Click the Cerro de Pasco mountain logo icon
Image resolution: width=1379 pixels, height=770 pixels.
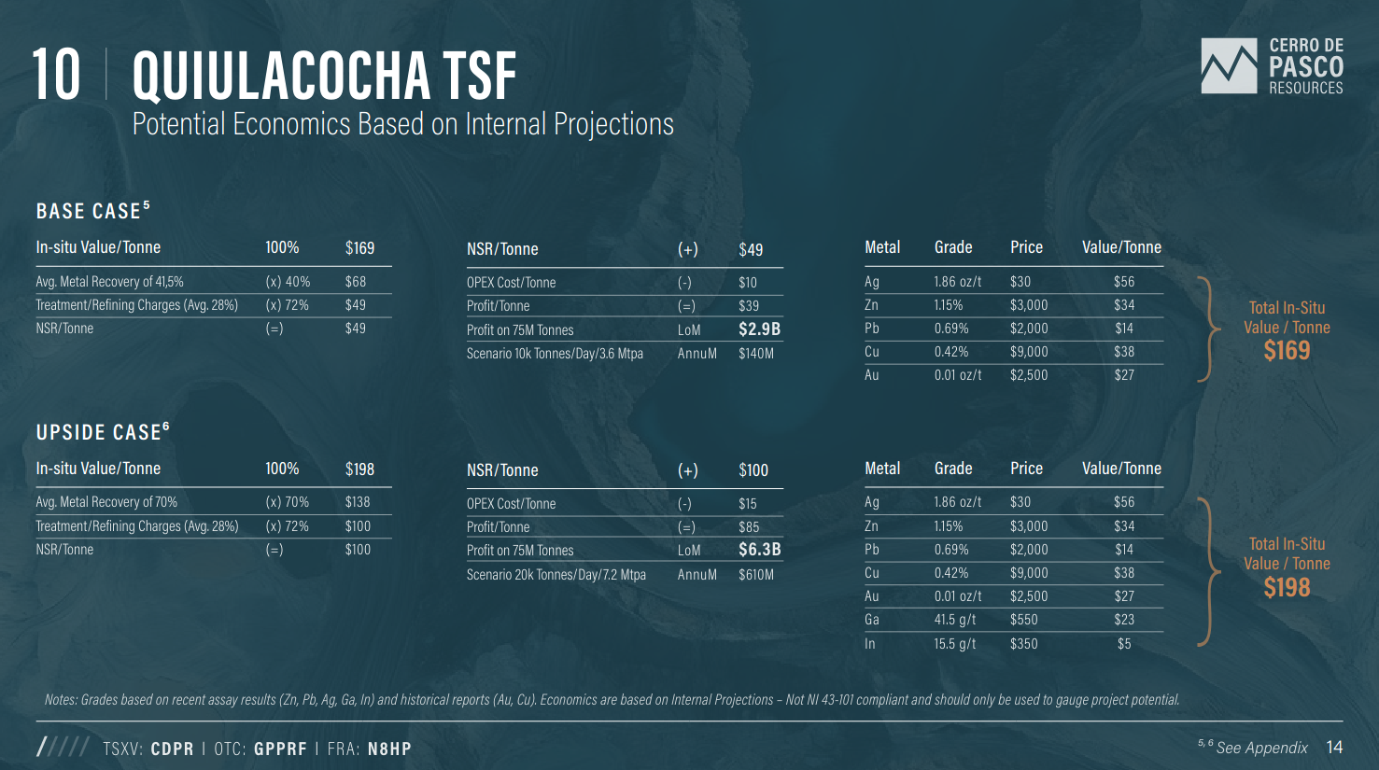coord(1229,66)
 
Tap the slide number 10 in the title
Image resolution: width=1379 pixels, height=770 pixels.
coord(56,75)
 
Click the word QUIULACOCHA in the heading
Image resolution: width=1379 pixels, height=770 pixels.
coord(281,76)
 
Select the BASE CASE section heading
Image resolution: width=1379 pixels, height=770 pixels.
coord(93,211)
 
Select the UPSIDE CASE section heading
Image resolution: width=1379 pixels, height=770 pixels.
coord(103,431)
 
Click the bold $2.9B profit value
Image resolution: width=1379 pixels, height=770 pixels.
coord(760,329)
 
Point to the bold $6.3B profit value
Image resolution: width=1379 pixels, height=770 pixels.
coord(760,550)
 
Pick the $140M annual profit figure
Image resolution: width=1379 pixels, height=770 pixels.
coord(756,354)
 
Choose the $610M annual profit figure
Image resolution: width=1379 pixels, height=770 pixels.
coord(756,574)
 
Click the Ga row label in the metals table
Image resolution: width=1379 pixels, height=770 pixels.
coord(872,619)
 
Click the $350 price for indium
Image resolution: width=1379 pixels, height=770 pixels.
coord(1024,644)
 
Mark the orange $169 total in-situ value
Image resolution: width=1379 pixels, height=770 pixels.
coord(1287,351)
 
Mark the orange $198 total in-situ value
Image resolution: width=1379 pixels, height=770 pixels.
coord(1287,587)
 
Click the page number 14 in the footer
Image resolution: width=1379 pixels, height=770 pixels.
coord(1334,748)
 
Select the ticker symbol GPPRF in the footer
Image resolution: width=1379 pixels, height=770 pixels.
coord(280,749)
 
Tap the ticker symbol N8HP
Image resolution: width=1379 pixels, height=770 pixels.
coord(389,749)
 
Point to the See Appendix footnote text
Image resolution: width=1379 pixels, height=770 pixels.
coord(1262,748)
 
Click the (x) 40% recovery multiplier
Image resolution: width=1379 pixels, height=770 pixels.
coord(288,282)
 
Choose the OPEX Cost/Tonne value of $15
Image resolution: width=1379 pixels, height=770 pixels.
coord(747,503)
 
